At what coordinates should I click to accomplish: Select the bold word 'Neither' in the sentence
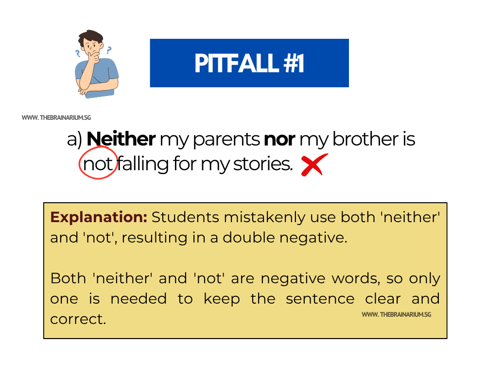121,140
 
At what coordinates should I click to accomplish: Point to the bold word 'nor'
279,140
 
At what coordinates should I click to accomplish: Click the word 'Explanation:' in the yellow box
99,217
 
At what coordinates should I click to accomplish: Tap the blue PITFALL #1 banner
249,63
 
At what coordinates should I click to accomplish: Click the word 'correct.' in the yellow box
78,320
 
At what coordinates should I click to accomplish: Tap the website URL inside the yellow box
396,315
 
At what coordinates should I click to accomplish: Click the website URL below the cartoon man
56,118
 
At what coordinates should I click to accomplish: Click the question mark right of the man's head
109,49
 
